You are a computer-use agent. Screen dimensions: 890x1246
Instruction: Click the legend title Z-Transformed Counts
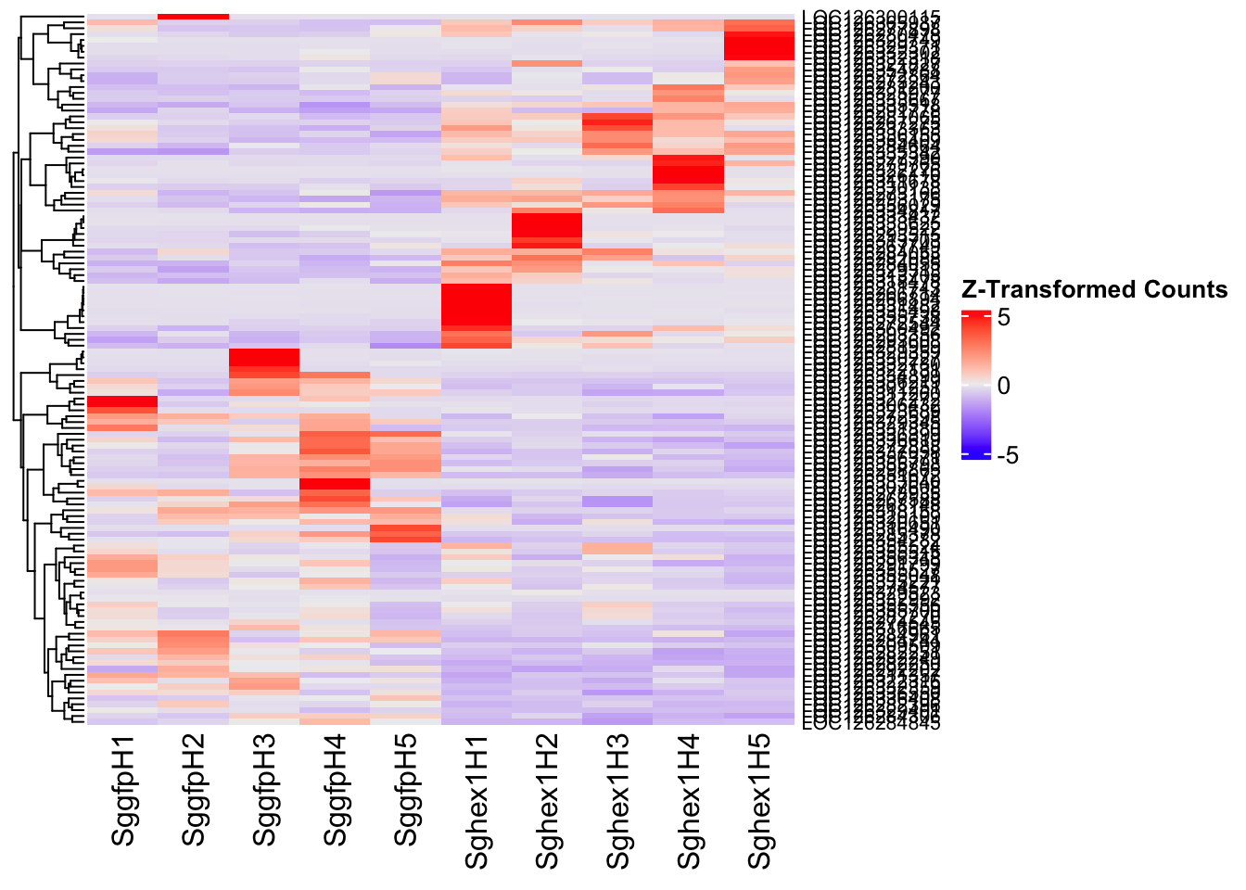tap(1094, 290)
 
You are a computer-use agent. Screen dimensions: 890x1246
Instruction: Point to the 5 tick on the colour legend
tap(1004, 317)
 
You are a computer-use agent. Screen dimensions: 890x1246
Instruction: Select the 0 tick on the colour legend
tap(1004, 386)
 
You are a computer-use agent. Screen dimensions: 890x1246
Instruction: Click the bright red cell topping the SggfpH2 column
tap(194, 16)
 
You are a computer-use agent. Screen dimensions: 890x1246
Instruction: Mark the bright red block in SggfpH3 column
tap(264, 358)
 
